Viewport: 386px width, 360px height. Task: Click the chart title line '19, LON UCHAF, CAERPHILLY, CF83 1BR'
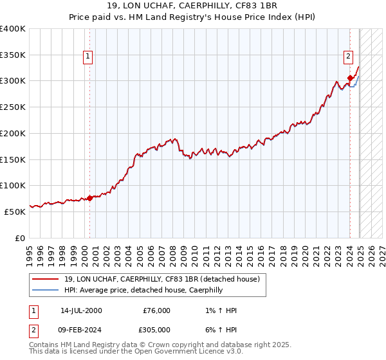pyautogui.click(x=192, y=7)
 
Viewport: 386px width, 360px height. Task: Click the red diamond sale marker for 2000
pyautogui.click(x=89, y=198)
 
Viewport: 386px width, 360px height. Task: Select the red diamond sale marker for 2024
pyautogui.click(x=350, y=78)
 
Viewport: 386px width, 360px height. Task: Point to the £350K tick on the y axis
pyautogui.click(x=13, y=55)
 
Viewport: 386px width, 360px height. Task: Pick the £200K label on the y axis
pyautogui.click(x=13, y=133)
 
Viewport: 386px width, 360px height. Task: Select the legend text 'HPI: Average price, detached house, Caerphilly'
pyautogui.click(x=143, y=290)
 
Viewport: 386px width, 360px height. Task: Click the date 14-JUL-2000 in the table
pyautogui.click(x=81, y=310)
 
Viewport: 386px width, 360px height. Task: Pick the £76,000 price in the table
pyautogui.click(x=156, y=310)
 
